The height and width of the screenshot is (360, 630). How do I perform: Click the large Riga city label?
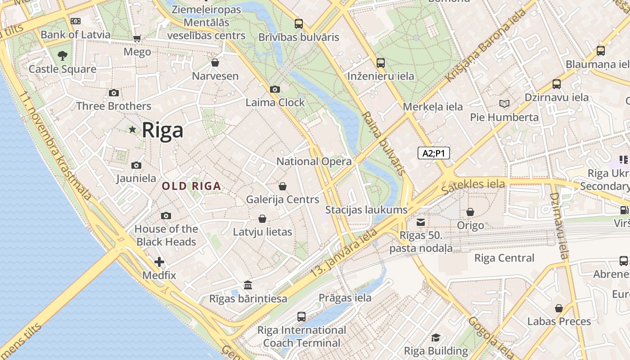coord(162,130)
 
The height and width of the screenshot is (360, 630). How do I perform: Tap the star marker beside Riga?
coord(132,130)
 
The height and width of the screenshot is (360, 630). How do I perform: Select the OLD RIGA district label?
coord(191,186)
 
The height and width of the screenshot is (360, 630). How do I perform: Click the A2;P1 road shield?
coord(433,153)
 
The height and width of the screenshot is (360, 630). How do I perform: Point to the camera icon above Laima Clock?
coord(275,90)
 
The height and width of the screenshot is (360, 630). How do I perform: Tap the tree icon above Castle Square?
coord(63,56)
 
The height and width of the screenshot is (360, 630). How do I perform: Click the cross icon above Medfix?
coord(159,262)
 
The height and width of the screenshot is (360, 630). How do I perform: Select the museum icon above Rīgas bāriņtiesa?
coord(248,285)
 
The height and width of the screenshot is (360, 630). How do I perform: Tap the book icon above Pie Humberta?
coord(504,104)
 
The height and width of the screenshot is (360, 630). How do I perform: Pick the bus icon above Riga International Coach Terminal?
coord(301,317)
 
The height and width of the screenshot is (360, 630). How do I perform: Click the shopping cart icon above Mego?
coord(137,39)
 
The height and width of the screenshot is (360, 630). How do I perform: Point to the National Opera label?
coord(314,162)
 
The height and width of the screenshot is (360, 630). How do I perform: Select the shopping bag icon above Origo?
coord(470,211)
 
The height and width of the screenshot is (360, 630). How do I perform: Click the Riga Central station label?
coord(504,258)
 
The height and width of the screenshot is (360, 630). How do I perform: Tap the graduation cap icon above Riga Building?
coord(436,337)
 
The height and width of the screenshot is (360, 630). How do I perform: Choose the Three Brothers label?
coord(113,106)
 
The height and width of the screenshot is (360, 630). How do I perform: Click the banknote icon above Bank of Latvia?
coord(76,21)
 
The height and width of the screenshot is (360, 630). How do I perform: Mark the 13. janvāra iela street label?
coord(344,253)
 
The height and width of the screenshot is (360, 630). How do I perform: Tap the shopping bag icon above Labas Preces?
coord(559,308)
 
